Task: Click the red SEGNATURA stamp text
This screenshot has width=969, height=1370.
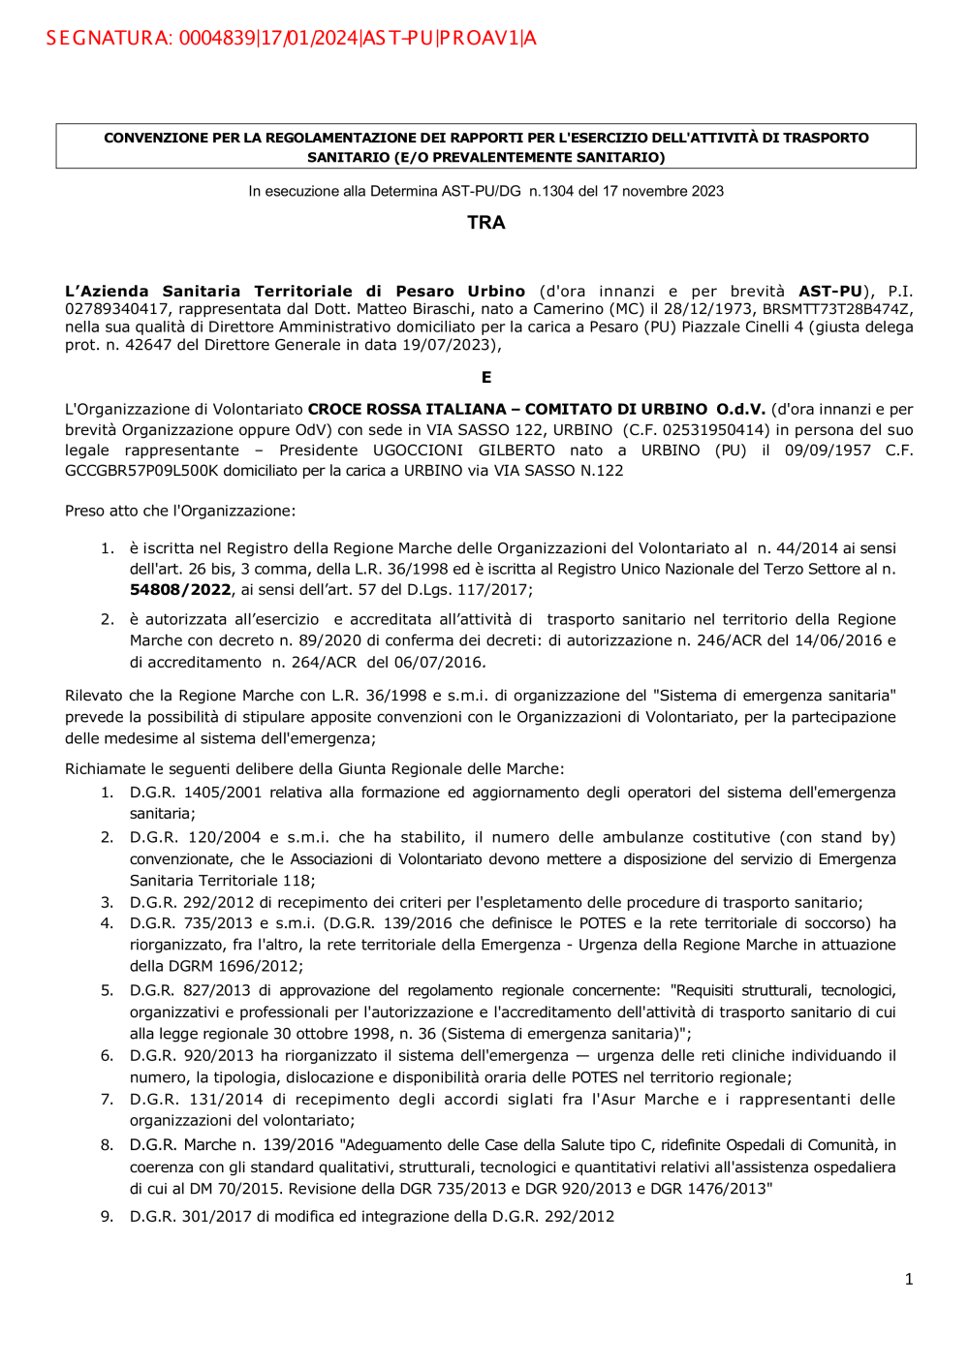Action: tap(291, 38)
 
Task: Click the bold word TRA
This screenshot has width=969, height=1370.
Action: tap(485, 223)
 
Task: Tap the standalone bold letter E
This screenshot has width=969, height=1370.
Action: tap(485, 377)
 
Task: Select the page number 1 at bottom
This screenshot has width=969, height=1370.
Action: tap(909, 1279)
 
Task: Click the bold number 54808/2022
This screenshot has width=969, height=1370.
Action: tap(180, 589)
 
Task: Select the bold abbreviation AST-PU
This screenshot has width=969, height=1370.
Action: tap(829, 291)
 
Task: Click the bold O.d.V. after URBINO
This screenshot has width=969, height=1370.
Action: tap(740, 409)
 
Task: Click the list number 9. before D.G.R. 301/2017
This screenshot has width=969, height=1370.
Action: tap(107, 1216)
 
